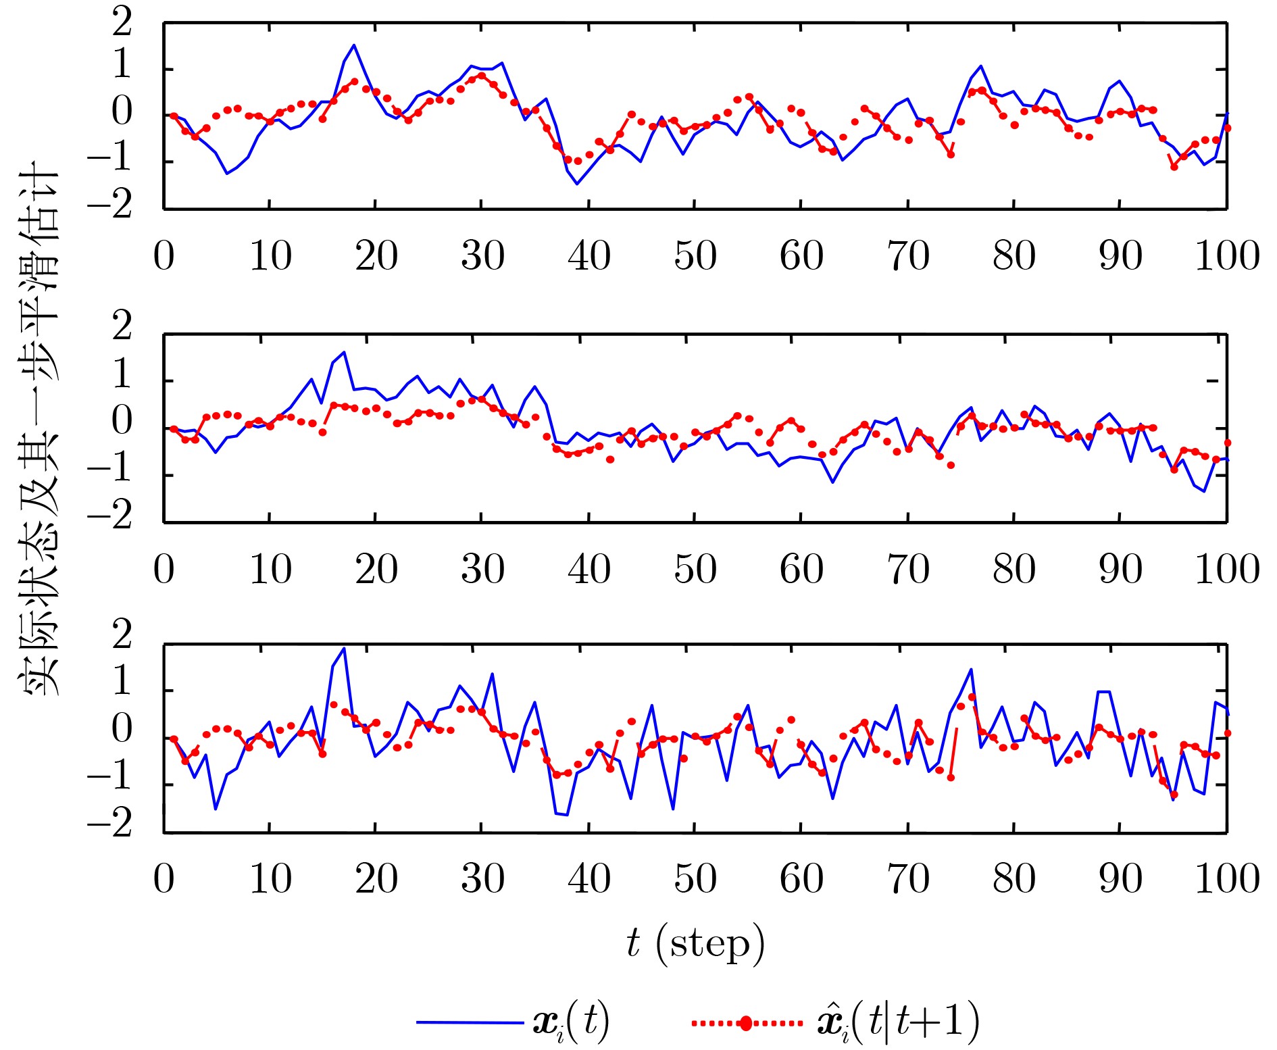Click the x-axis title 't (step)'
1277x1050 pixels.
click(695, 943)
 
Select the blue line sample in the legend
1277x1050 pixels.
click(469, 1022)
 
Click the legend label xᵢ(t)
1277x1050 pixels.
click(572, 1022)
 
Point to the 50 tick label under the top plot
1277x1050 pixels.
click(695, 256)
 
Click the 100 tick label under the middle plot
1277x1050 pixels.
click(1227, 569)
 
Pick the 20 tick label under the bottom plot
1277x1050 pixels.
click(376, 878)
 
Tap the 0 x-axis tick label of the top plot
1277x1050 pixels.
click(164, 256)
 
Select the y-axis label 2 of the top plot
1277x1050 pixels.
click(122, 24)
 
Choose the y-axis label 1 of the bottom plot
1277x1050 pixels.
click(122, 682)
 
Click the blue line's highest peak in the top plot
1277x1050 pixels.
click(354, 45)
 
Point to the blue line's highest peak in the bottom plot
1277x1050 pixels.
click(345, 649)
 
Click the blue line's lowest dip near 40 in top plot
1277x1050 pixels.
click(577, 184)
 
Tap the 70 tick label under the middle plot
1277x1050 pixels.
click(908, 569)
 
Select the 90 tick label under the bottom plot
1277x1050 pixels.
click(1120, 878)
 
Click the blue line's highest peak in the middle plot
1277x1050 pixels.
click(345, 352)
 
